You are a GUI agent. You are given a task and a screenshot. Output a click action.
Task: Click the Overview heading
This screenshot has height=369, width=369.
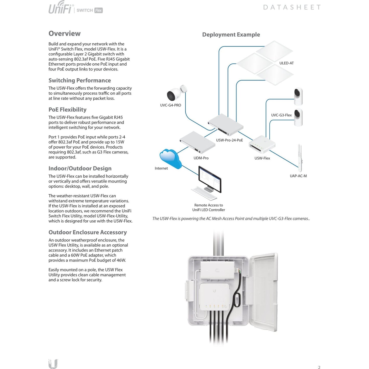pyautogui.click(x=64, y=33)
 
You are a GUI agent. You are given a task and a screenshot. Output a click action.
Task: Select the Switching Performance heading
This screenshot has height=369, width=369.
pyautogui.click(x=79, y=80)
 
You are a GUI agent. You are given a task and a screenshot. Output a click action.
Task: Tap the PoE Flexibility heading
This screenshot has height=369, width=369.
pyautogui.click(x=67, y=110)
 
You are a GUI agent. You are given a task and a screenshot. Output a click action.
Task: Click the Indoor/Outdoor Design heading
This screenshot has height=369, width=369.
pyautogui.click(x=80, y=168)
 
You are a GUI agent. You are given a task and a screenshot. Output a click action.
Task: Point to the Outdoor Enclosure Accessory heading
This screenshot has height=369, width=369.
pyautogui.click(x=88, y=232)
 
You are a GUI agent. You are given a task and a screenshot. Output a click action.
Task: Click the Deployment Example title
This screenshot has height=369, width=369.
pyautogui.click(x=231, y=34)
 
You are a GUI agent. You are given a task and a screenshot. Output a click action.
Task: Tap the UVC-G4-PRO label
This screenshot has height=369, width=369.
pyautogui.click(x=170, y=105)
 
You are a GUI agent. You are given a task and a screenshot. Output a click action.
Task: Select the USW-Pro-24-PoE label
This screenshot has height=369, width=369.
pyautogui.click(x=229, y=140)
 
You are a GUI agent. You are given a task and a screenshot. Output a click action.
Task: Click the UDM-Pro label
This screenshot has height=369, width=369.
pyautogui.click(x=201, y=158)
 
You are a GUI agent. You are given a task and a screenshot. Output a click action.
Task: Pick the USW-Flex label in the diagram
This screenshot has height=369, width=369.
pyautogui.click(x=262, y=158)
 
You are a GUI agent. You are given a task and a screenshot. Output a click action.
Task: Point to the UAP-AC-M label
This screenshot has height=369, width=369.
pyautogui.click(x=298, y=176)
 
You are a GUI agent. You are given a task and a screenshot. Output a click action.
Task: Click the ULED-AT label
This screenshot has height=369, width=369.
pyautogui.click(x=287, y=63)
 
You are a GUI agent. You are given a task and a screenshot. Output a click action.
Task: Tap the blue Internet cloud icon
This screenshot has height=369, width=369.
pyautogui.click(x=170, y=158)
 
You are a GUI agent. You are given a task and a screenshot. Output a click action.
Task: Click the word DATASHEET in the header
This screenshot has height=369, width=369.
pyautogui.click(x=292, y=7)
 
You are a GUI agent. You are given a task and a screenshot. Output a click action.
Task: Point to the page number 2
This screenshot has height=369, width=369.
pyautogui.click(x=319, y=367)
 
